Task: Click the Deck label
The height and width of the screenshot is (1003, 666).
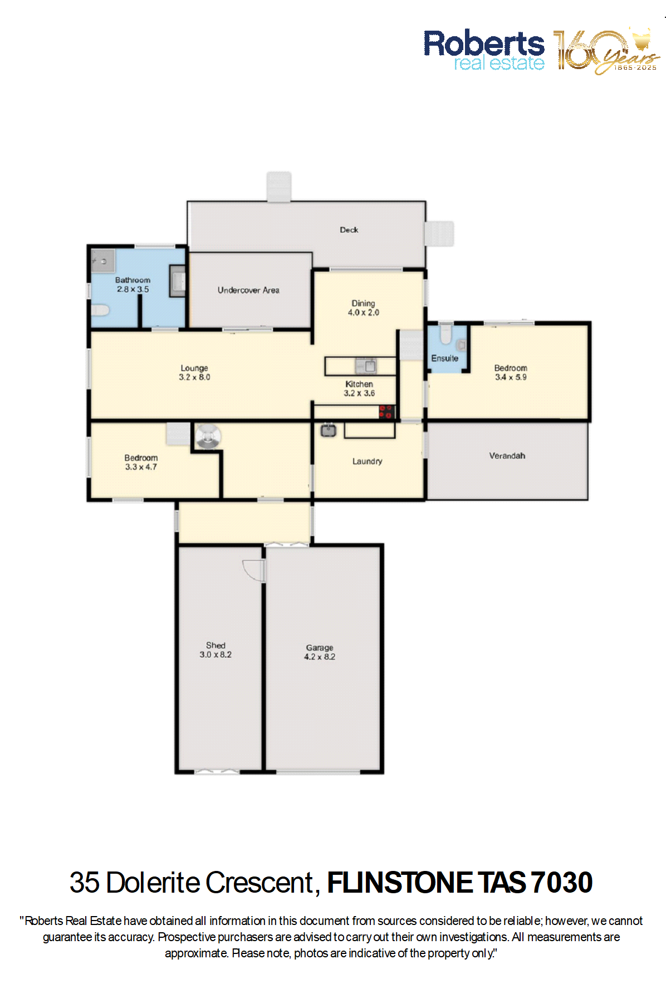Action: (x=349, y=230)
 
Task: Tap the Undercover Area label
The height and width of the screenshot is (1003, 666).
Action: (x=248, y=290)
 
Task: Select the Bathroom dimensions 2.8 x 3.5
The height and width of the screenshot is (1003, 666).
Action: (x=133, y=289)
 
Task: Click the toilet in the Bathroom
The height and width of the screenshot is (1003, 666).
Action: (x=100, y=310)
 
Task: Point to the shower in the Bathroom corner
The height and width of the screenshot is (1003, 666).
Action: (x=103, y=261)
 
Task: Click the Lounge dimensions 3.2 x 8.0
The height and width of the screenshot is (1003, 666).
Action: (x=194, y=377)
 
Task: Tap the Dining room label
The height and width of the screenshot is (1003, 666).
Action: (x=363, y=303)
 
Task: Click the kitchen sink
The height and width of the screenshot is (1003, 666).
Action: (x=366, y=366)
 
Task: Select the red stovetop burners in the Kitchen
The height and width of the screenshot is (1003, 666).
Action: (x=386, y=412)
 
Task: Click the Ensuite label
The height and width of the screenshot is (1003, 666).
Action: (x=444, y=358)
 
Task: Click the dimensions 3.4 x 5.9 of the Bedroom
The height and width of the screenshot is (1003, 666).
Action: (x=511, y=377)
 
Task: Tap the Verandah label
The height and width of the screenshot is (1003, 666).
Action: (x=507, y=456)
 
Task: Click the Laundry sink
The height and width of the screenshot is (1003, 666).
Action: (x=328, y=430)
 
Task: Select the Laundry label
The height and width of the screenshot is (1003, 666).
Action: (x=367, y=461)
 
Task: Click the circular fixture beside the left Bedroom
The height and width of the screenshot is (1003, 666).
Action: (x=208, y=436)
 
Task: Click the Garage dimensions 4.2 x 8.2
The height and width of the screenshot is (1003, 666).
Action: (x=320, y=657)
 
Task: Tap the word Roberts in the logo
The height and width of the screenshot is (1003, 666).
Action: (x=484, y=43)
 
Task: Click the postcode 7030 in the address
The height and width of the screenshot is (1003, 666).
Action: (x=561, y=883)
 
